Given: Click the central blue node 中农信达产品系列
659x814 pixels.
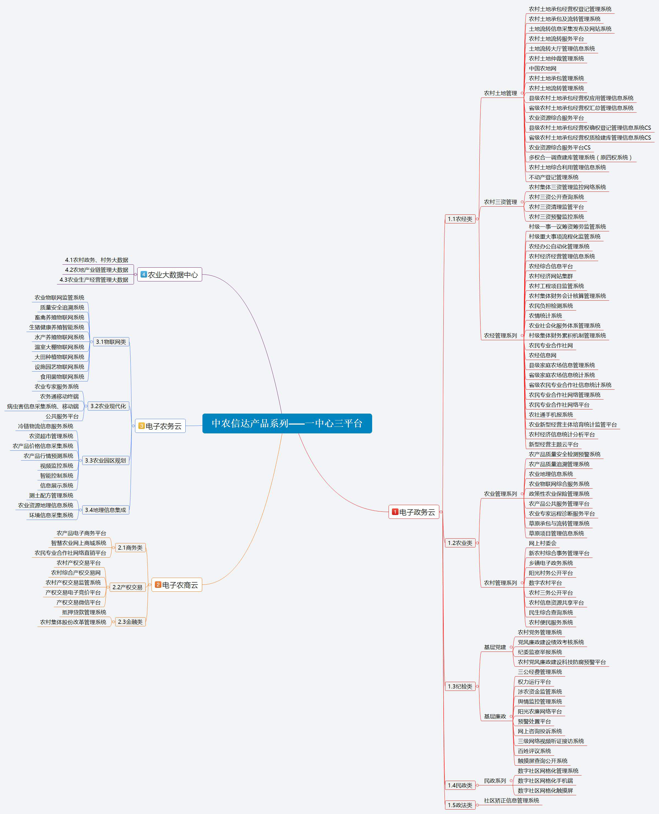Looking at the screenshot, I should (x=287, y=423).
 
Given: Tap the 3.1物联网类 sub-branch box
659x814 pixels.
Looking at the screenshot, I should (x=111, y=342).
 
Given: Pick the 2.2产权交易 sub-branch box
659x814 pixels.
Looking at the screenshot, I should (x=127, y=587).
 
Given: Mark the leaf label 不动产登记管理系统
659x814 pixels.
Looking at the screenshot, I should (x=553, y=177).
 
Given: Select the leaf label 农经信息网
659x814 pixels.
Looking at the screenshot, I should (x=542, y=355).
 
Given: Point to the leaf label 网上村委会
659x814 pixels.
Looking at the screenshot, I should (x=542, y=543).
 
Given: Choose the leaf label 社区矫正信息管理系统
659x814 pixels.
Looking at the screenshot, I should (x=511, y=800).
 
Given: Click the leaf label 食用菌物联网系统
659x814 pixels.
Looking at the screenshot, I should (x=62, y=377).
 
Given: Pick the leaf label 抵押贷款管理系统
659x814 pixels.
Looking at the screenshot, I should (x=84, y=612).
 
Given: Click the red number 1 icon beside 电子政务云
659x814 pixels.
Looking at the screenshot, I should (x=395, y=512).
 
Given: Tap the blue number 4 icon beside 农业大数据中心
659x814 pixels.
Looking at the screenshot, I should (x=144, y=274).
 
